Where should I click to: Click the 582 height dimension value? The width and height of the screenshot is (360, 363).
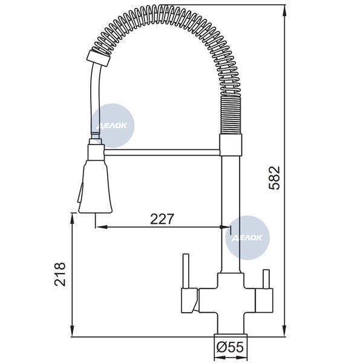[x=274, y=178]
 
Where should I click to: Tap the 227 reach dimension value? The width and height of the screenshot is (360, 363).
[x=162, y=219]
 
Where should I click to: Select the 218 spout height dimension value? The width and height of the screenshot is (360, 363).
[x=60, y=274]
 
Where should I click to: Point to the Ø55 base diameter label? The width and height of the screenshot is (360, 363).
[x=230, y=347]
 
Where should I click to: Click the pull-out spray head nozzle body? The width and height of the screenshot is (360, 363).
[x=96, y=186]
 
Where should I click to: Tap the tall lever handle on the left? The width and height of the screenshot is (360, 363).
[x=186, y=271]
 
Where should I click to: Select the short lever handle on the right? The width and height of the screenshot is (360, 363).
[x=266, y=279]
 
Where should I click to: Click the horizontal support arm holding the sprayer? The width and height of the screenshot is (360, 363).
[x=162, y=152]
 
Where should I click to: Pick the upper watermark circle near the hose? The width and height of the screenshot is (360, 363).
[x=113, y=125]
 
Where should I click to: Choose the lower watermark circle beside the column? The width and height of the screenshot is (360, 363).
[x=247, y=238]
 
